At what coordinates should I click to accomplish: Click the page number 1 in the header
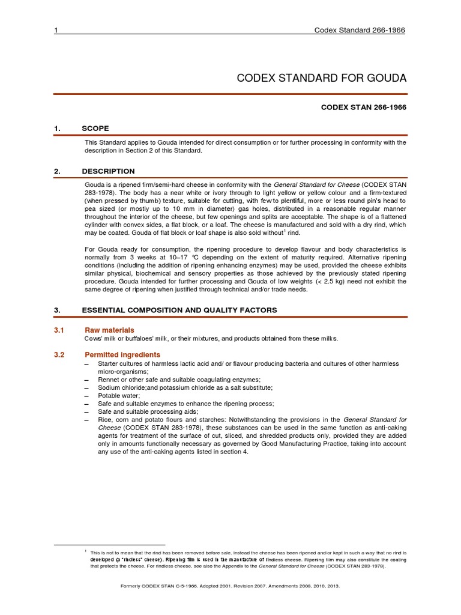pyautogui.click(x=56, y=31)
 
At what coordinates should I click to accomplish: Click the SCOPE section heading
pyautogui.click(x=95, y=129)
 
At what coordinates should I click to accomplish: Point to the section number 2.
pyautogui.click(x=57, y=171)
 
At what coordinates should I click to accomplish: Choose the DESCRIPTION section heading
pyautogui.click(x=109, y=171)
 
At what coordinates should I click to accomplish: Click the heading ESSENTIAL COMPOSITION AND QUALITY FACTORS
pyautogui.click(x=179, y=310)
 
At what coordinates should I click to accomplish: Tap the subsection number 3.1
pyautogui.click(x=59, y=330)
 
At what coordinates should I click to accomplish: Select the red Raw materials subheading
pyautogui.click(x=109, y=330)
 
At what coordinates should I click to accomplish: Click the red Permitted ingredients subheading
pyautogui.click(x=122, y=354)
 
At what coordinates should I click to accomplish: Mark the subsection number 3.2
pyautogui.click(x=59, y=354)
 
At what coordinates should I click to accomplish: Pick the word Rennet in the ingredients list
pyautogui.click(x=97, y=380)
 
